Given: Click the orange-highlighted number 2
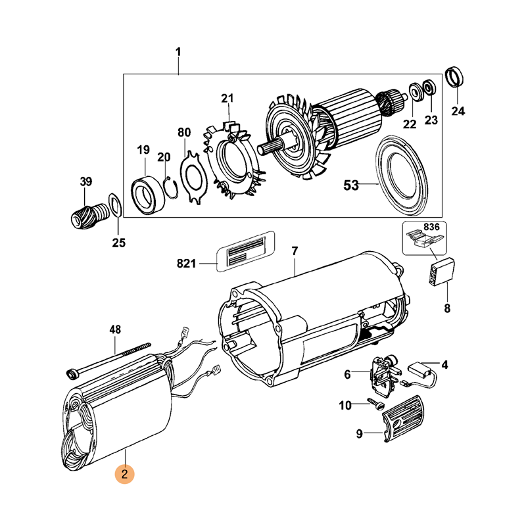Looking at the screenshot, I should pos(124,473).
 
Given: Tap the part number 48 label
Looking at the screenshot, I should pos(115,330).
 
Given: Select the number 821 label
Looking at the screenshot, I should pos(187,264).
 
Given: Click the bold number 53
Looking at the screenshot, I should pos(352,185).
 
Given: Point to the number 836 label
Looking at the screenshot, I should pos(431,227).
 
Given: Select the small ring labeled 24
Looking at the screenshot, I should pos(454,78).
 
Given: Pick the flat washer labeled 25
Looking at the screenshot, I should pos(113,205).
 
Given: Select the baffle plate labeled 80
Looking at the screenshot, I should pos(192,177).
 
